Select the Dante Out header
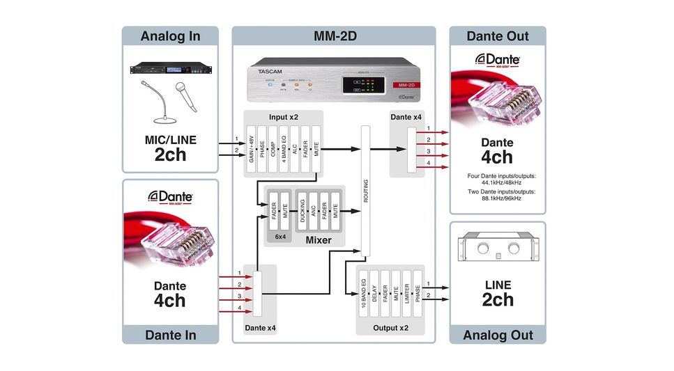click(x=497, y=36)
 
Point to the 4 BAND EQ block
click(x=284, y=148)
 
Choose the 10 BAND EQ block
click(x=363, y=296)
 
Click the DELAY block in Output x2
click(x=374, y=296)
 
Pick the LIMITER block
click(x=406, y=296)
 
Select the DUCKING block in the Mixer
click(x=302, y=214)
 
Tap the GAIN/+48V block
click(x=252, y=148)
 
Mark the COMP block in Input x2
click(x=273, y=148)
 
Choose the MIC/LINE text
click(x=170, y=139)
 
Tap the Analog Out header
click(x=497, y=335)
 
